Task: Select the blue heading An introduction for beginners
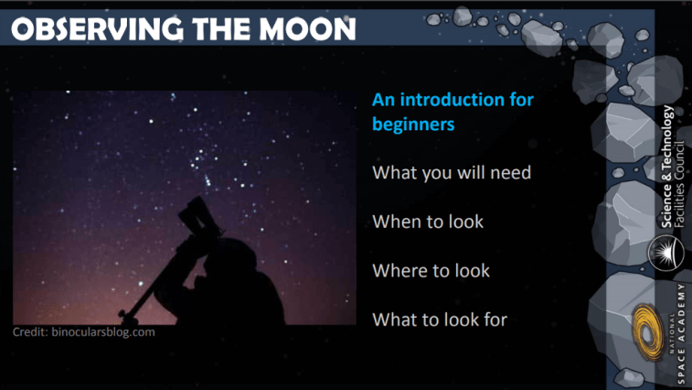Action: pyautogui.click(x=452, y=111)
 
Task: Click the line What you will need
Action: pyautogui.click(x=452, y=172)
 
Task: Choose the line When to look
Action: pyautogui.click(x=428, y=222)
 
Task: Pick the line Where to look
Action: pyautogui.click(x=431, y=271)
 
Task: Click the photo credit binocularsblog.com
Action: pyautogui.click(x=103, y=332)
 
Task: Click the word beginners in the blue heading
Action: pyautogui.click(x=413, y=124)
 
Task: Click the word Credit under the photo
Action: pyautogui.click(x=30, y=332)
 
